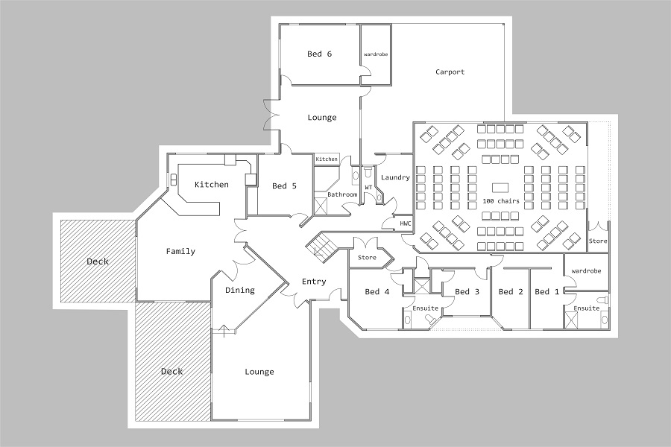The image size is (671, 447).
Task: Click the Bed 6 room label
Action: [319, 54]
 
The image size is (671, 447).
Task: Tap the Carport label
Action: [450, 72]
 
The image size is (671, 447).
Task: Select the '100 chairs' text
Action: [501, 200]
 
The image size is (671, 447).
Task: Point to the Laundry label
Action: [395, 177]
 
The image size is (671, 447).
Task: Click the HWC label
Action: [406, 223]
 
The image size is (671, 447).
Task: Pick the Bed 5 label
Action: [284, 186]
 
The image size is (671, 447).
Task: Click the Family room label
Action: [180, 251]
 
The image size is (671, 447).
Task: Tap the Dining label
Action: [239, 290]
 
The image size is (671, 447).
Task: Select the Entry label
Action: [314, 282]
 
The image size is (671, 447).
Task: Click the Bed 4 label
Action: [377, 291]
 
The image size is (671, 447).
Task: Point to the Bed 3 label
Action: [467, 291]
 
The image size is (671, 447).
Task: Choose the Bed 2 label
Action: [511, 291]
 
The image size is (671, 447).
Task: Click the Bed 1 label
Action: [547, 291]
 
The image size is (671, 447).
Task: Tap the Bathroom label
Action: [342, 194]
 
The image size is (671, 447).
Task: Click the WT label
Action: [368, 187]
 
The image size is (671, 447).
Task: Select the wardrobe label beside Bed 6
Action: [376, 54]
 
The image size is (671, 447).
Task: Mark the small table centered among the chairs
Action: [500, 187]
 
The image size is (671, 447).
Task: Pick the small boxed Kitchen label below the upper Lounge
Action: [327, 159]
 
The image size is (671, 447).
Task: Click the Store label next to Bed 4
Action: [367, 257]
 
